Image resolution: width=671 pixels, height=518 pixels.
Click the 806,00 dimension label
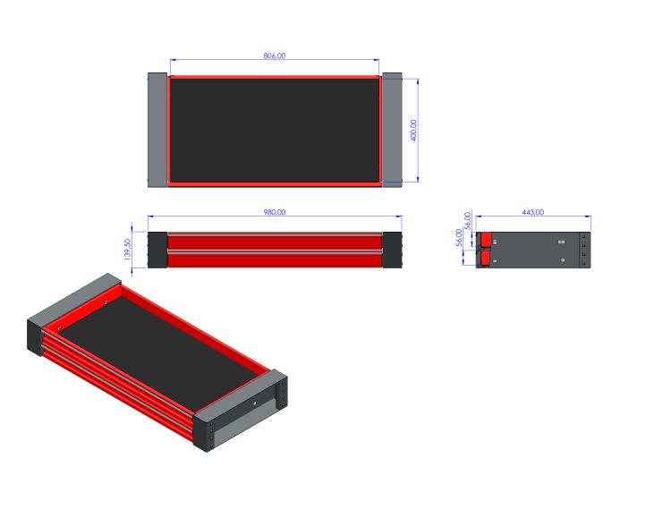click(x=275, y=55)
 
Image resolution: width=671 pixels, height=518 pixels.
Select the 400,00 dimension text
click(x=413, y=131)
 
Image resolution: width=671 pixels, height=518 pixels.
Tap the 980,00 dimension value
click(x=274, y=212)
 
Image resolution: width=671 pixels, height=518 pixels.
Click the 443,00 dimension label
click(x=532, y=212)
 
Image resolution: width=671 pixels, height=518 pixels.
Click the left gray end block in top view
click(x=157, y=131)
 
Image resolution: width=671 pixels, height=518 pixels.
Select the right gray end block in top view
click(x=392, y=131)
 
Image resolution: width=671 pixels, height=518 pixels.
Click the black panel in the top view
click(x=274, y=131)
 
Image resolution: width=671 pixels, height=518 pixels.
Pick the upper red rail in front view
click(x=274, y=242)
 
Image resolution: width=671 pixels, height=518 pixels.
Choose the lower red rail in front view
click(x=274, y=260)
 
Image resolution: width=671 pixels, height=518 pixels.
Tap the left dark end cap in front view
click(x=157, y=251)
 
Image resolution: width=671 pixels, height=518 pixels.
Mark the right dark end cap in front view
click(x=392, y=251)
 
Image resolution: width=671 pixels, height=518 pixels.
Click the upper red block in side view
click(x=485, y=240)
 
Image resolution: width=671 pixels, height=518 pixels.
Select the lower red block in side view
click(x=485, y=259)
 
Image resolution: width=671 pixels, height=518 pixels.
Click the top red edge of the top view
click(x=274, y=77)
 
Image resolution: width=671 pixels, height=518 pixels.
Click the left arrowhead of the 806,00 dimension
click(x=173, y=60)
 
